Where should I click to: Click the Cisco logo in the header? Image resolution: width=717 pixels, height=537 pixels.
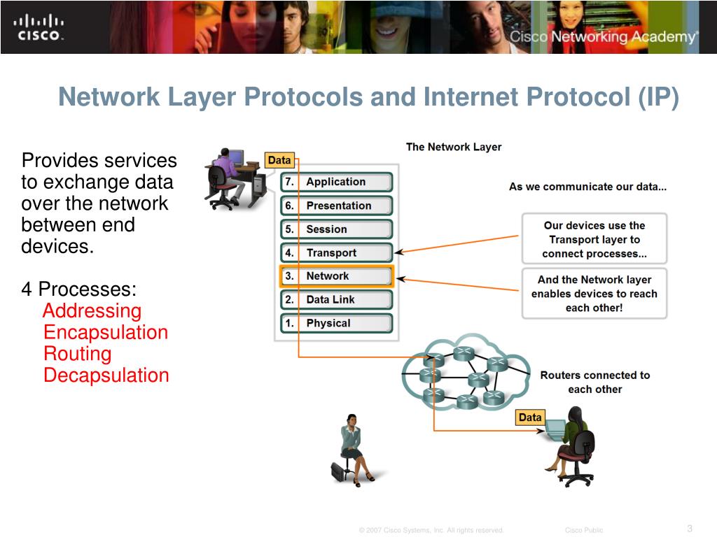[39, 27]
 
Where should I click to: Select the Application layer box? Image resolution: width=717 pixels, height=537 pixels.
[336, 182]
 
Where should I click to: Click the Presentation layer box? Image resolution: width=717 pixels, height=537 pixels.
[336, 206]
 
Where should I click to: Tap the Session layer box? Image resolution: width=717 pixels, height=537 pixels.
[336, 229]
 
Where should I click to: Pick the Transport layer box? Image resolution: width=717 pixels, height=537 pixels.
[336, 253]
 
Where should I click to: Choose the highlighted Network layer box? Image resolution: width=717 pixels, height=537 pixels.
[336, 276]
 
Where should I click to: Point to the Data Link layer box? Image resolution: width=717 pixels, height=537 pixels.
[336, 299]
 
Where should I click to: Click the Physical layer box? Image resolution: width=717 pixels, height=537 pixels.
[336, 323]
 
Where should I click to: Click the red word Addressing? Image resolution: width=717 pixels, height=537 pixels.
[92, 311]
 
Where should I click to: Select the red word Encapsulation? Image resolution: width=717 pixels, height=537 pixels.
[106, 332]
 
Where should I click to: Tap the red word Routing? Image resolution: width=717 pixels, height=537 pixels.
[77, 354]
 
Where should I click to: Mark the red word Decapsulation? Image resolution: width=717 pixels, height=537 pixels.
[106, 375]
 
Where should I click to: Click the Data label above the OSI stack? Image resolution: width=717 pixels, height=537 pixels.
[279, 160]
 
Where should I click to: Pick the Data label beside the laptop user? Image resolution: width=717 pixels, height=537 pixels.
[530, 417]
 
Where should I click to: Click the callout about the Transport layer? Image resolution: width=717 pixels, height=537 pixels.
[594, 239]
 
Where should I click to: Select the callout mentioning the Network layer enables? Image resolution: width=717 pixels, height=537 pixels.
[594, 294]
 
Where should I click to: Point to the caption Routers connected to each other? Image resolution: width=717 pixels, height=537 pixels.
[594, 382]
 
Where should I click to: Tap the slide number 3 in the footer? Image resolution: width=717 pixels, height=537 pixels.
[689, 528]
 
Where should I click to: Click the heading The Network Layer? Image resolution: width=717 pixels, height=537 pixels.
[454, 147]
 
